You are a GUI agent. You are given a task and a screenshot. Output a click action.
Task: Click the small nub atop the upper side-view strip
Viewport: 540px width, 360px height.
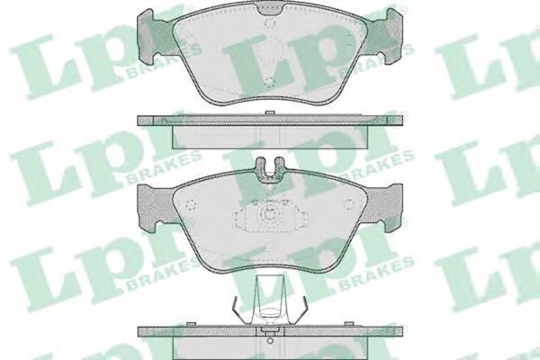(270, 112)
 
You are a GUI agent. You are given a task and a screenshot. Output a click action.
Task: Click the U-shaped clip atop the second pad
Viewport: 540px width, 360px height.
(270, 167)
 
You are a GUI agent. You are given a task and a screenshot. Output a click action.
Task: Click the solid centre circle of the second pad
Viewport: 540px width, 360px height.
(270, 216)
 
